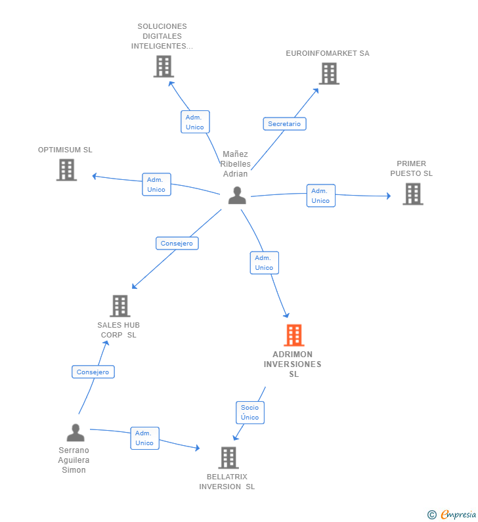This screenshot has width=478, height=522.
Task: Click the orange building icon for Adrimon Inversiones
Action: (x=293, y=335)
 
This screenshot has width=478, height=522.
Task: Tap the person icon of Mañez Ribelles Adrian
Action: (x=237, y=195)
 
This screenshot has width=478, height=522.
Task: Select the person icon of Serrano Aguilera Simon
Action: (x=76, y=433)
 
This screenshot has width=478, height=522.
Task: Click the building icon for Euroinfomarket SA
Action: (x=329, y=74)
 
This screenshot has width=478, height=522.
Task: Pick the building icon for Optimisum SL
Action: (x=66, y=170)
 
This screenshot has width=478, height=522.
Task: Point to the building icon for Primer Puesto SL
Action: (x=412, y=194)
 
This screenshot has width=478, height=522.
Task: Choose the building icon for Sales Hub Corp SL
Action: (x=119, y=306)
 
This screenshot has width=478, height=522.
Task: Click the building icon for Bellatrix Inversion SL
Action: (x=228, y=458)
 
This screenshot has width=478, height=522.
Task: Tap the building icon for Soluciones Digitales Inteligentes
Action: (x=163, y=66)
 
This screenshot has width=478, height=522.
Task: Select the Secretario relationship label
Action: (x=284, y=123)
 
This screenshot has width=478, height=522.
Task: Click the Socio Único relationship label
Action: (x=250, y=412)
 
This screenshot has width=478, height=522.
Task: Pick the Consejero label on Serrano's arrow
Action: (x=93, y=372)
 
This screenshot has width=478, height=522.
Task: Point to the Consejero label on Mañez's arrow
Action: (x=177, y=243)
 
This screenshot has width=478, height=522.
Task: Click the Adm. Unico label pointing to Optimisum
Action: (x=156, y=185)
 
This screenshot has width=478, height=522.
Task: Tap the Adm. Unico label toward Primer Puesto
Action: (x=320, y=196)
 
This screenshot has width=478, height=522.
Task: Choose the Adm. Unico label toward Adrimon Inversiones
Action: (x=264, y=263)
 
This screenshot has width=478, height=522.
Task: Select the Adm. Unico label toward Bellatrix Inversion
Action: (x=144, y=438)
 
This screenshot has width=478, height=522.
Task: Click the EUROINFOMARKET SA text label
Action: (x=328, y=53)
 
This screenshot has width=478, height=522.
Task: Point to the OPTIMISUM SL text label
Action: (x=65, y=150)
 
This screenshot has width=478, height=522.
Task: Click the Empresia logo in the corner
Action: (x=453, y=514)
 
